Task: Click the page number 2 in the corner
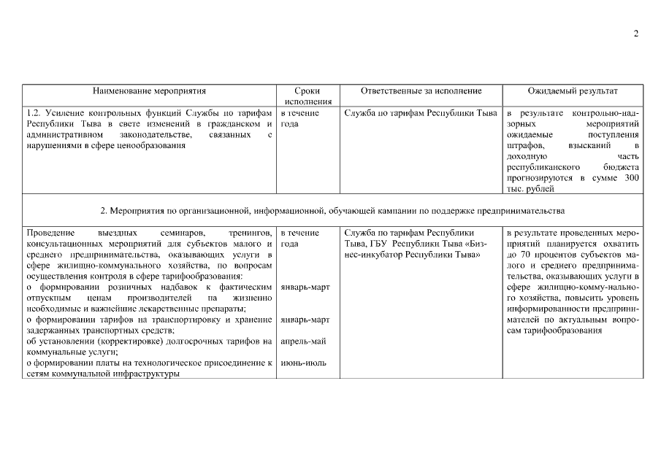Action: coord(635,34)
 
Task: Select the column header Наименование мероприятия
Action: coord(149,91)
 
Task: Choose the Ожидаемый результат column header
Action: coord(573,91)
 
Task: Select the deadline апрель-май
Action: coord(302,341)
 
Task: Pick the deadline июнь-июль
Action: coord(302,363)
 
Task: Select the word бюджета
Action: coord(622,167)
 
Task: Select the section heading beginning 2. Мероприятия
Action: coord(332,212)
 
